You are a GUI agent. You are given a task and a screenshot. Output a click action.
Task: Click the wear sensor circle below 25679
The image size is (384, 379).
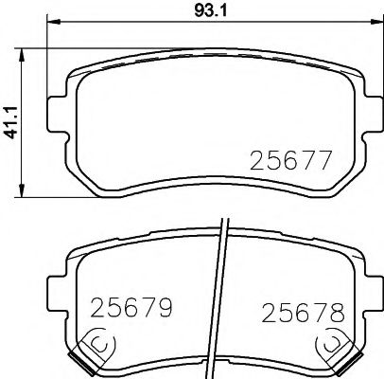click(x=98, y=343)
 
